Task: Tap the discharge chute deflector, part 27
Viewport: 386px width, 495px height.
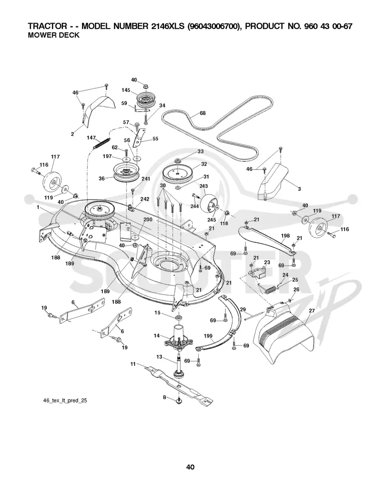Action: [285, 334]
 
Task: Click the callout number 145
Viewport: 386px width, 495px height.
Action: [126, 90]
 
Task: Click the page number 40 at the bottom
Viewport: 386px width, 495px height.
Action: [190, 467]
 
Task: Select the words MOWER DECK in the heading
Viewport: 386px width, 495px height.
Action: [54, 35]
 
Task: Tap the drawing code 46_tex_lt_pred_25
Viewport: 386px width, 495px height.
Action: [65, 401]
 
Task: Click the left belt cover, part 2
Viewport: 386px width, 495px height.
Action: [97, 107]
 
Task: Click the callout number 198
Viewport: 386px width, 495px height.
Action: [286, 236]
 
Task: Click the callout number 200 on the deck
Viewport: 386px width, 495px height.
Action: [148, 220]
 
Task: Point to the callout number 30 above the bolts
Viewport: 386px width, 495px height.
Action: [163, 186]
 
